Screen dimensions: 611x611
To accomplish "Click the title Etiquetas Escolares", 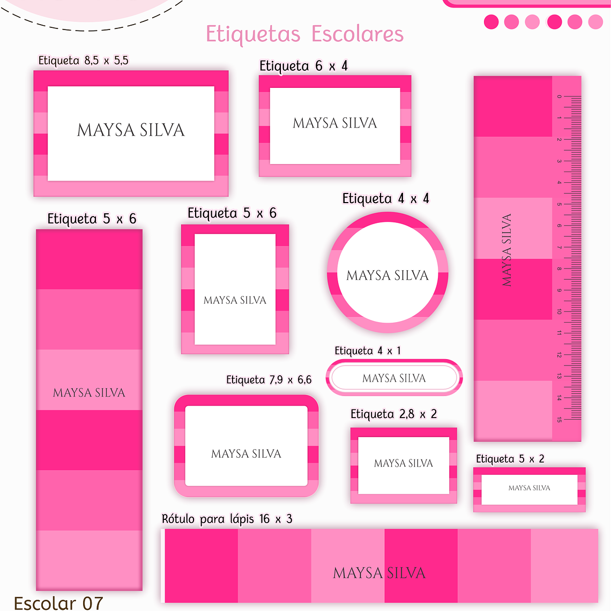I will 304,34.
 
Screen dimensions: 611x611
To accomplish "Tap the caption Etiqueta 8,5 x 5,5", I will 84,60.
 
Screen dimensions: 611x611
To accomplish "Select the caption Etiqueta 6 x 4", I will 303,66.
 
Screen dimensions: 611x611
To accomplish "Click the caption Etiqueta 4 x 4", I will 386,199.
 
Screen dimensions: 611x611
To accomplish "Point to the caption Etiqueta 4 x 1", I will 368,351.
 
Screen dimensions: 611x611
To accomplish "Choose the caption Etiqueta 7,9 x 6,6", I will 269,379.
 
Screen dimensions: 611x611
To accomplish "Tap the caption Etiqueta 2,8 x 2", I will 393,414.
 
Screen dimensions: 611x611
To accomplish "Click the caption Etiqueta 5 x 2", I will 510,459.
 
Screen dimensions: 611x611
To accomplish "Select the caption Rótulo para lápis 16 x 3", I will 227,519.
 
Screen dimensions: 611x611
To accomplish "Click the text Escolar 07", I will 58,603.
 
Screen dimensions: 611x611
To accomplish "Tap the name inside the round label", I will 388,275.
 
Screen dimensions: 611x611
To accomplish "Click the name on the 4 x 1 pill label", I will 394,378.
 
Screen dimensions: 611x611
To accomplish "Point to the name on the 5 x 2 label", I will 529,488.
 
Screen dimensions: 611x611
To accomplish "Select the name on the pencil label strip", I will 379,573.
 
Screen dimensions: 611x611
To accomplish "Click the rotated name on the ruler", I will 506,250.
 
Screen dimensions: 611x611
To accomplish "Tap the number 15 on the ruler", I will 559,420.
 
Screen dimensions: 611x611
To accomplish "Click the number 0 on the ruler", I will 559,97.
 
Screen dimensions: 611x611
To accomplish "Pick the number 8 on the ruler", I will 559,269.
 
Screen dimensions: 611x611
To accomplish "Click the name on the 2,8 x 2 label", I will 403,463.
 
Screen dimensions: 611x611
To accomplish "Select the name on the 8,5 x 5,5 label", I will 131,130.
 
